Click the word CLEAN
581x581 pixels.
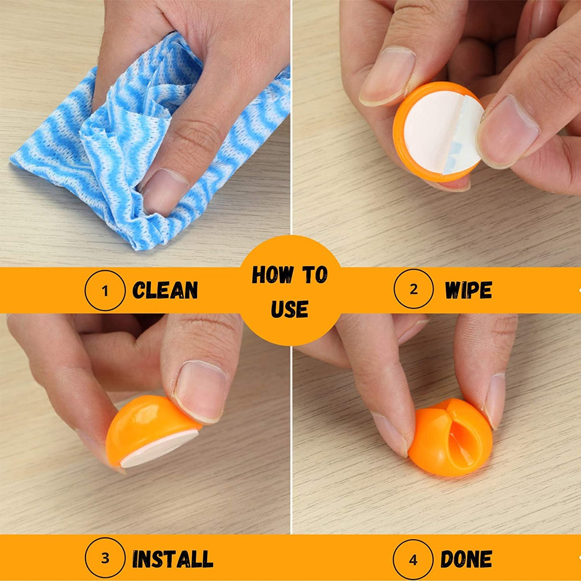(x=165, y=290)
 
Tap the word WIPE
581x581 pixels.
(x=468, y=290)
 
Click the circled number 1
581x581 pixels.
(x=105, y=290)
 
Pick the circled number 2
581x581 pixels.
(x=414, y=289)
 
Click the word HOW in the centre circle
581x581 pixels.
(x=273, y=275)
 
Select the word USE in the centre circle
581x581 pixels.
(x=290, y=309)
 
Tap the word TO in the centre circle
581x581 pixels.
(x=315, y=275)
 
